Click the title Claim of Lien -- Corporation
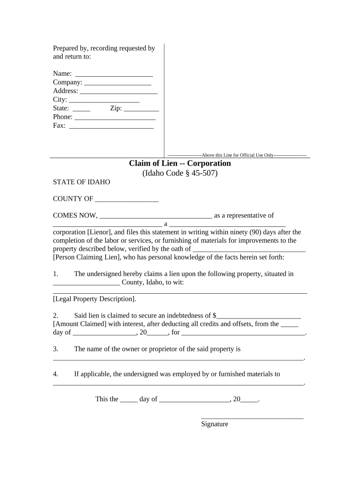[180, 163]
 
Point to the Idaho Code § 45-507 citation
[180, 173]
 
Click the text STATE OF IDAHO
[82, 182]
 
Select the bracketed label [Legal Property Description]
[95, 299]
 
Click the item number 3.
[55, 349]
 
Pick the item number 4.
[55, 374]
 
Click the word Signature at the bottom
[215, 424]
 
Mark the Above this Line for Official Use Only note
[237, 155]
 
